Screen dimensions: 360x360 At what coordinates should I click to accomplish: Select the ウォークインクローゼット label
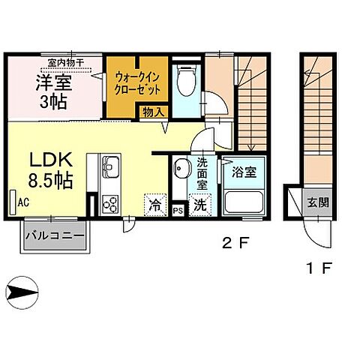pyautogui.click(x=134, y=80)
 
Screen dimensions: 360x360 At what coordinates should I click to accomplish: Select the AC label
pyautogui.click(x=23, y=202)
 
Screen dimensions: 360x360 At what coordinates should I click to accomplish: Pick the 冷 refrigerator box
pyautogui.click(x=154, y=202)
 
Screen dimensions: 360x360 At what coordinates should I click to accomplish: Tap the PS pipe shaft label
pyautogui.click(x=178, y=211)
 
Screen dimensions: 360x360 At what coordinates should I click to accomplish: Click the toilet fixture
pyautogui.click(x=184, y=79)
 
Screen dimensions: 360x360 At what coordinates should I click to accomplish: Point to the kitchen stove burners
pyautogui.click(x=109, y=204)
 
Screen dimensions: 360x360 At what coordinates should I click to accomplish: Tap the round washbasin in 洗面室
pyautogui.click(x=180, y=167)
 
